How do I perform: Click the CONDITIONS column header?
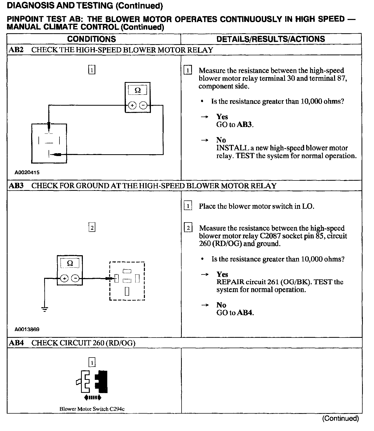coord(91,39)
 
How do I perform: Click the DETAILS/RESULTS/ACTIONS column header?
coord(271,39)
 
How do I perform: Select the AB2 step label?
coord(16,50)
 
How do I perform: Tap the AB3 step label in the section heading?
coord(16,186)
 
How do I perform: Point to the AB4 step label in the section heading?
coord(16,343)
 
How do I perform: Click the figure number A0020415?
coord(27,172)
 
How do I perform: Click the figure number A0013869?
coord(27,329)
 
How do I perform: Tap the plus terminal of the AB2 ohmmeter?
coord(132,105)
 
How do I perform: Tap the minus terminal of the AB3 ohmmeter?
coord(75,279)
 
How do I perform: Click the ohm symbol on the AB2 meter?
coord(138,90)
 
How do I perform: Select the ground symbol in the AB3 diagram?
coord(45,309)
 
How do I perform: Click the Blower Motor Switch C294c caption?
coord(92,409)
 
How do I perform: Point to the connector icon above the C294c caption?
coord(92,381)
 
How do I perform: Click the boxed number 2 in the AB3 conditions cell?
coord(92,228)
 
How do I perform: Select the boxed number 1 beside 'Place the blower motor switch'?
coord(188,206)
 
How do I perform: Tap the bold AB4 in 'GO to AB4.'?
coord(245,313)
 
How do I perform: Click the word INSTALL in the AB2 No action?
coord(233,148)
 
